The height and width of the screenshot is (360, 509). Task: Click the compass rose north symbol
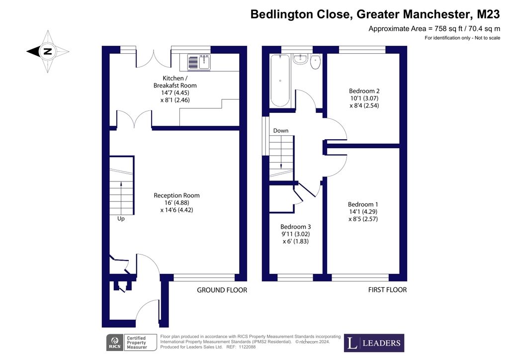[x=48, y=51]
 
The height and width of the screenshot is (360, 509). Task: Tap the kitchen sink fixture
[x=199, y=62]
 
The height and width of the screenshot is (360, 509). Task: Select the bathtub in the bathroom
[x=280, y=80]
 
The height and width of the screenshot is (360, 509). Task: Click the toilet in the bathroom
[x=316, y=62]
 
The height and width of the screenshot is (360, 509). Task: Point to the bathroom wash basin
[x=300, y=59]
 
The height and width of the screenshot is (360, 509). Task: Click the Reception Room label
[x=176, y=195]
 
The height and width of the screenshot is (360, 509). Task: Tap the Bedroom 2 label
[x=364, y=91]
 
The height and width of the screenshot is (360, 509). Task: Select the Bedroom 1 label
[x=363, y=204]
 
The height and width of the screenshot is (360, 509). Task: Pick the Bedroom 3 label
[x=296, y=227]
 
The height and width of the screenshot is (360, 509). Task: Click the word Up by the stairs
[x=121, y=219]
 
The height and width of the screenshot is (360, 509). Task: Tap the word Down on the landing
[x=281, y=130]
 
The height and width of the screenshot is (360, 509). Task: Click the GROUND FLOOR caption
[x=222, y=290]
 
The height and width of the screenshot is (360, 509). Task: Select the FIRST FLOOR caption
[x=387, y=289]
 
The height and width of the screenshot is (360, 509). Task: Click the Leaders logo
[x=374, y=343]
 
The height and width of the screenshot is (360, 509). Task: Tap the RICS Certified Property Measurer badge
[x=131, y=343]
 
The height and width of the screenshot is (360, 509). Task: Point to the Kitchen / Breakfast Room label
[x=175, y=82]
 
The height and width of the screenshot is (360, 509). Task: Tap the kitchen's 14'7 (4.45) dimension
[x=175, y=93]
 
